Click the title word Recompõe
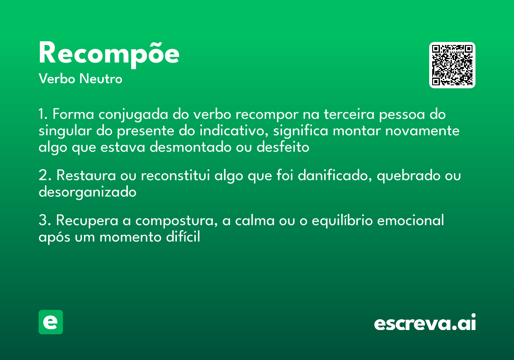[109, 54]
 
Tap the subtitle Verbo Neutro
[81, 79]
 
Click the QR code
[452, 65]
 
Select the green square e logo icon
[51, 322]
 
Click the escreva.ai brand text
[425, 323]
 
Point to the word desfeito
[283, 147]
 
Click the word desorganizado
[87, 192]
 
